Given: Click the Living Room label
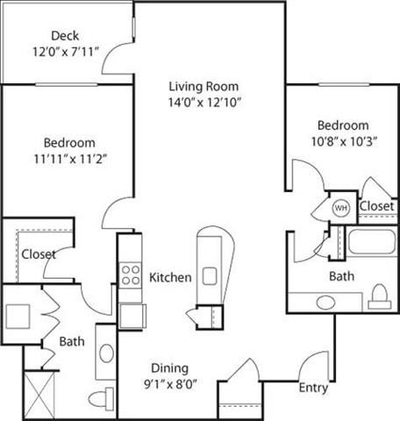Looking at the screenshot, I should point(204,87).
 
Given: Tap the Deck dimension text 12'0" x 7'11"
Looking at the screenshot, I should point(65,51).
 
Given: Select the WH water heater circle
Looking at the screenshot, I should point(340,208).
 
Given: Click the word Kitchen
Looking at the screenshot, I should point(170,278).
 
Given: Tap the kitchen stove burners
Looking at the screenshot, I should point(132,275).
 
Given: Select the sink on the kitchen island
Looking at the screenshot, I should point(210,276).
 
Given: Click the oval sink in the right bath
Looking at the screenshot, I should point(325,303).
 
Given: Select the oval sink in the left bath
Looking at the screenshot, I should point(105,354).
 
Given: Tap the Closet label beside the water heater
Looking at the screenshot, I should point(376,206).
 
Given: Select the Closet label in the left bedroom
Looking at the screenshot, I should point(39,254).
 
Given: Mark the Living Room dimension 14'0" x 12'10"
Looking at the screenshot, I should point(204,102).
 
